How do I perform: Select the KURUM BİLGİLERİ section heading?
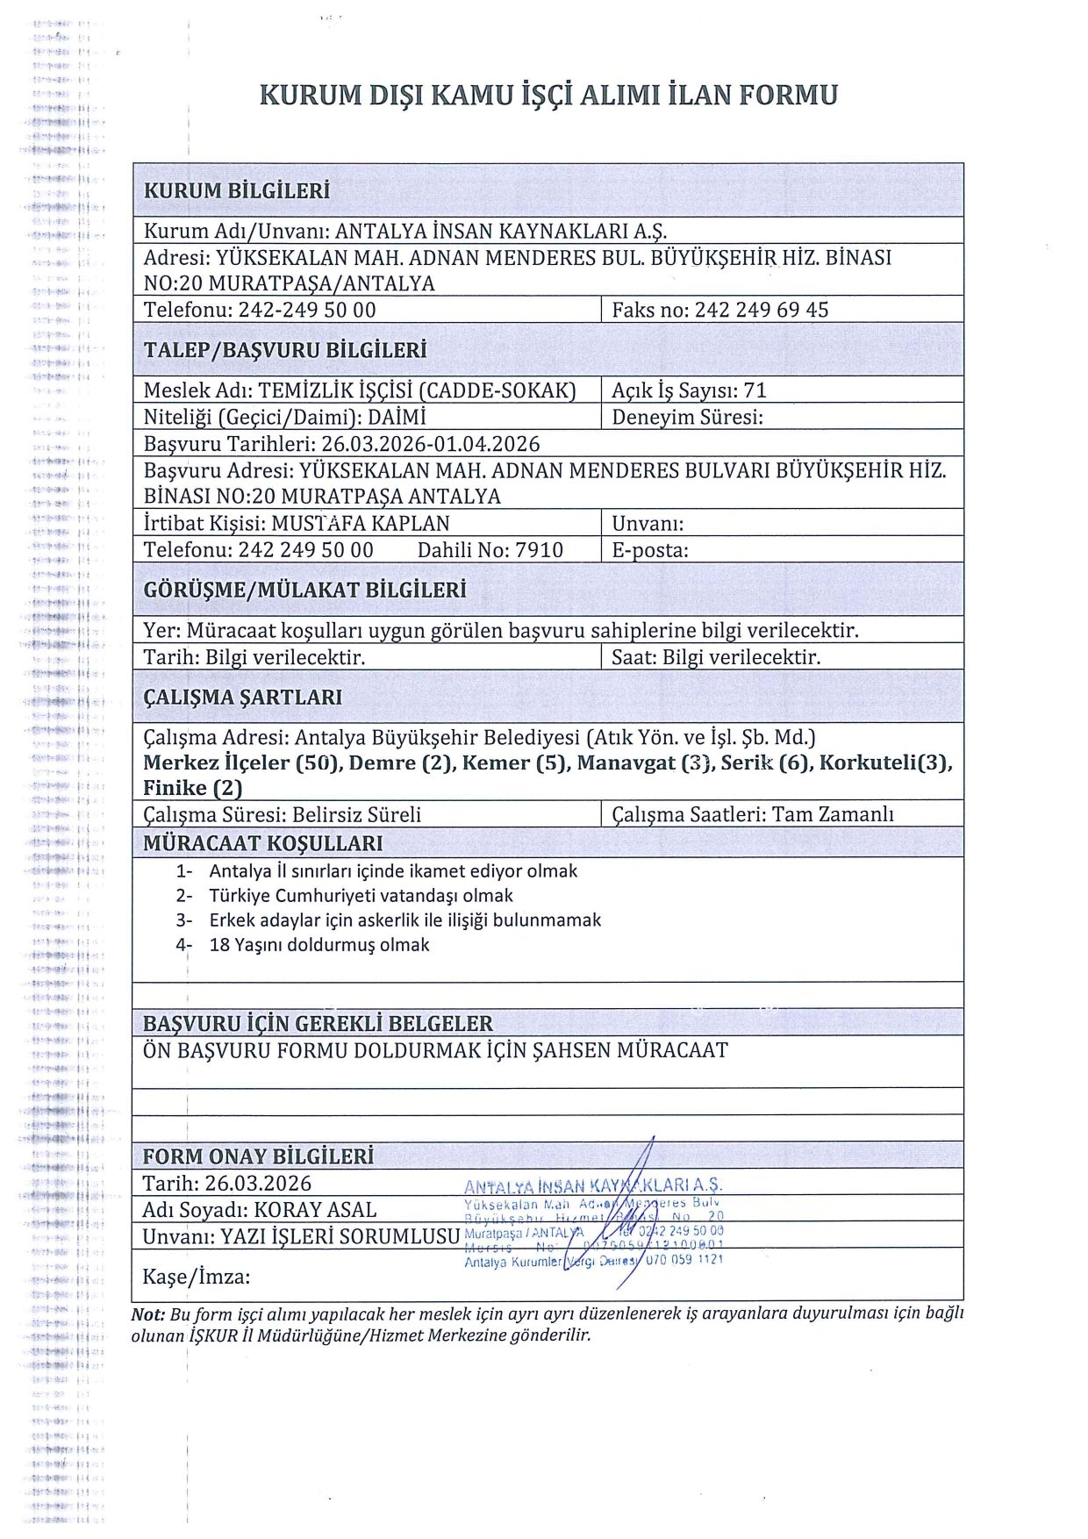237,190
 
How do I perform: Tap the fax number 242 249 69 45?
761,310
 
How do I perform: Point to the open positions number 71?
755,390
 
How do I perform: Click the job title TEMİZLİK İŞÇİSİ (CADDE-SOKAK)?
417,390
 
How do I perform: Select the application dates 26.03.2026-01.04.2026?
430,444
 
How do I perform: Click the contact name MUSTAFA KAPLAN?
360,524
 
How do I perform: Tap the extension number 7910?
539,550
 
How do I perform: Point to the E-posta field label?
649,550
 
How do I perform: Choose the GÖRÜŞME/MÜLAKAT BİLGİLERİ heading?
304,590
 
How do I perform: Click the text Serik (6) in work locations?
764,762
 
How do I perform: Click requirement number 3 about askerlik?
404,920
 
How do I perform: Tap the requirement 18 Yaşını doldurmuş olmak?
319,945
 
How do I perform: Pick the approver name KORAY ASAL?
315,1210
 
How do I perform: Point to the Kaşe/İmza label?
196,1276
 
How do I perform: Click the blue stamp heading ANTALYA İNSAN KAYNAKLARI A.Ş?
593,1186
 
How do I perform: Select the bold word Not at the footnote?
147,1314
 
